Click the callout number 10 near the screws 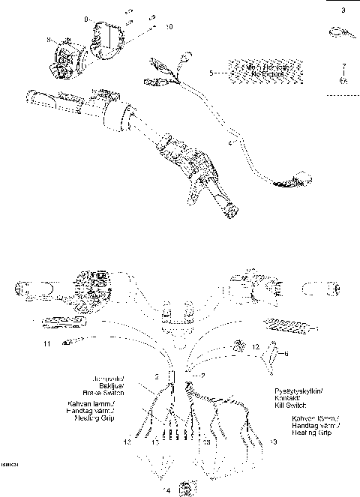(169, 26)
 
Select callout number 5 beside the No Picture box (211, 72)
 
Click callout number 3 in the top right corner (343, 10)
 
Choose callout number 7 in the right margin (343, 66)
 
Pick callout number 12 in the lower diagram (255, 347)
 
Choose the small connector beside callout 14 (187, 488)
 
